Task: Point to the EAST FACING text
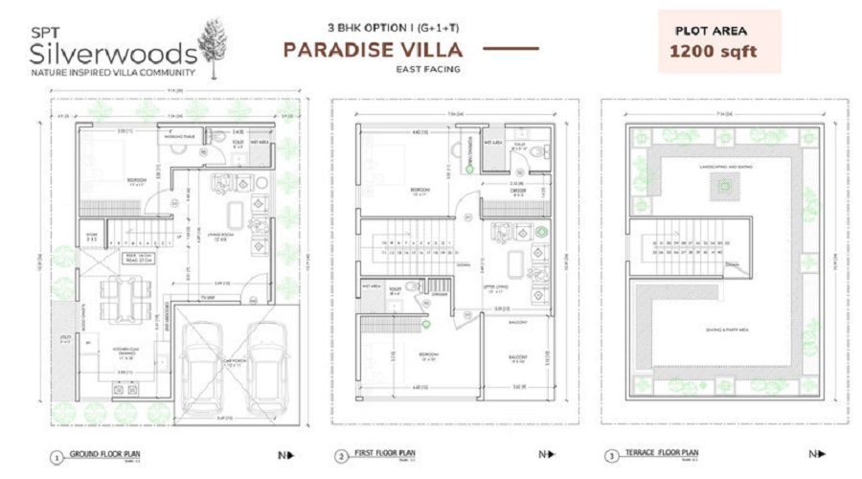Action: pos(428,69)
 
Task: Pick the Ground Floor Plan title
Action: pos(108,453)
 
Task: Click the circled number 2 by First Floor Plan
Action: pos(340,456)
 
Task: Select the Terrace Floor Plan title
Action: pos(663,453)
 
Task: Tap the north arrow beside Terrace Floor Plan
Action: pos(814,454)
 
